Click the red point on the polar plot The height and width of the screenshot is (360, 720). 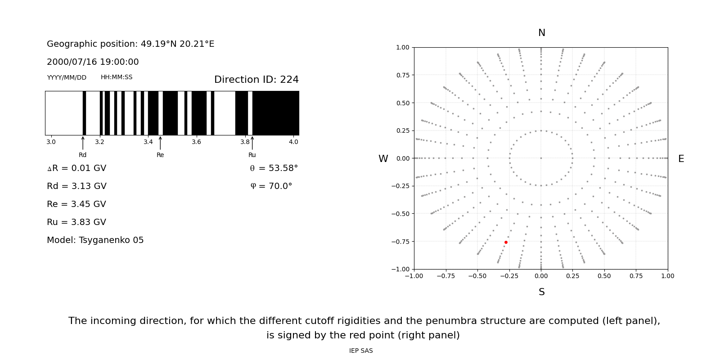[506, 242]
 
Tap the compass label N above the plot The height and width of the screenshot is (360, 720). [541, 33]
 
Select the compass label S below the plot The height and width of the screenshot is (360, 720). [541, 292]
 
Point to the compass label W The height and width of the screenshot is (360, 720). [383, 159]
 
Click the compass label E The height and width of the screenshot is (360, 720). [681, 159]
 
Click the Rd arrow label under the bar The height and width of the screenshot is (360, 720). [83, 155]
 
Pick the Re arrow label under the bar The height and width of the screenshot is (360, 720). [160, 155]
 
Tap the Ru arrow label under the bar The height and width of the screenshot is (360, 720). [252, 155]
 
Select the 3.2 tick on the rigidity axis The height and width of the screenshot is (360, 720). [99, 142]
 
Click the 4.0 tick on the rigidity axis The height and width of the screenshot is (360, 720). [293, 142]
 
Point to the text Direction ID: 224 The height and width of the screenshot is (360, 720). [256, 80]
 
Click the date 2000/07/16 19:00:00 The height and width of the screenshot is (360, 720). [93, 62]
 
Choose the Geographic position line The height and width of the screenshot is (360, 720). [130, 44]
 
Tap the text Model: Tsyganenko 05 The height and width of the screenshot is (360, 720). [95, 240]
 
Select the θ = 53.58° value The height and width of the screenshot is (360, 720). [274, 168]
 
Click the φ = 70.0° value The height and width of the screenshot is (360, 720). [271, 186]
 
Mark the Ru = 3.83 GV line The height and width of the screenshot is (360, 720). [76, 222]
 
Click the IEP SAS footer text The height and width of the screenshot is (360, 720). [361, 351]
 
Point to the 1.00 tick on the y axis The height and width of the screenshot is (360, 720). [402, 47]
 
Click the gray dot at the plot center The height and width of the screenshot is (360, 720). [541, 158]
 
